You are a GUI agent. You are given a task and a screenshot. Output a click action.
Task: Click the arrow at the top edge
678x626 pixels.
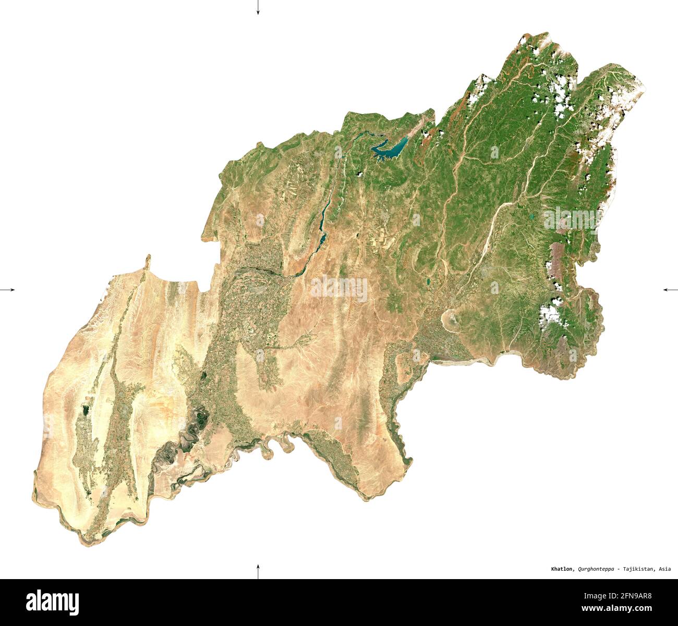[258, 7]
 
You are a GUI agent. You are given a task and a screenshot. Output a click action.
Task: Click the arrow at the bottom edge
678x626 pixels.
[258, 571]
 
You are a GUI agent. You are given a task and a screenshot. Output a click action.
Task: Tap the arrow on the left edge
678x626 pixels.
[8, 289]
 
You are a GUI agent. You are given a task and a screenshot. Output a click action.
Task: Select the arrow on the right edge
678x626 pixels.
[670, 289]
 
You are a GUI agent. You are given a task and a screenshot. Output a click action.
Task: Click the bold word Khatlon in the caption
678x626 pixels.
[563, 569]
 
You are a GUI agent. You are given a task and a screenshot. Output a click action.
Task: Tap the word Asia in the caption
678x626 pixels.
[665, 569]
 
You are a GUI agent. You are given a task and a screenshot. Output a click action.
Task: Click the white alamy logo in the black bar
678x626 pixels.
[53, 602]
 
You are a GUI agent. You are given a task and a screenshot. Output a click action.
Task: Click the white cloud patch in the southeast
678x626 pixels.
[550, 314]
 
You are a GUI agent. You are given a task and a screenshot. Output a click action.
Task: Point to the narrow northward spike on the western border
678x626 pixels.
[148, 260]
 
